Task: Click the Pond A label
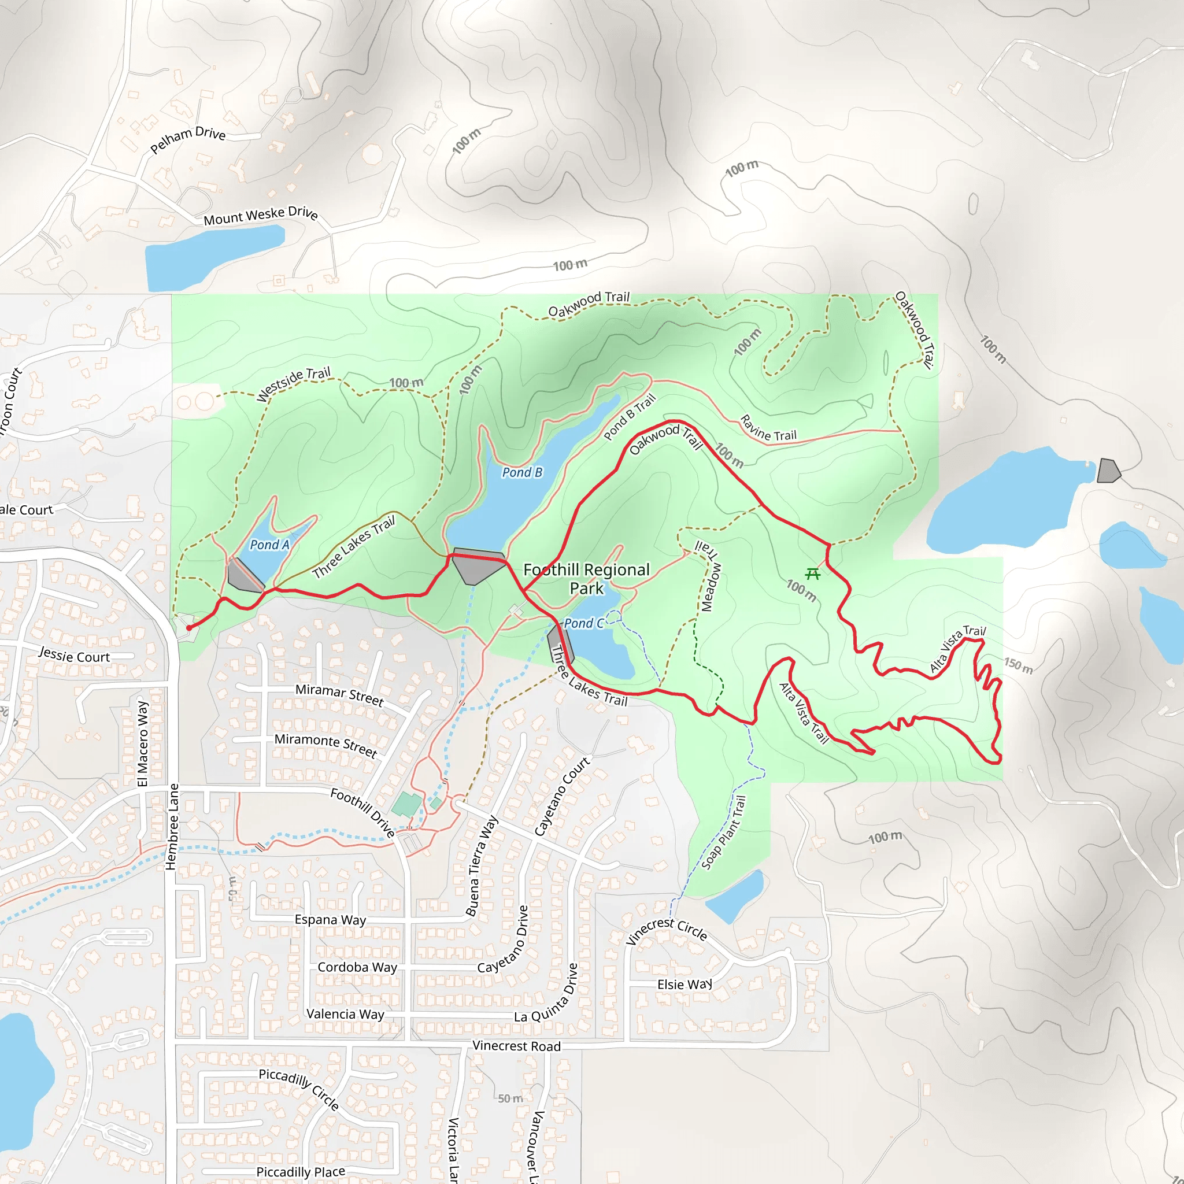coord(269,545)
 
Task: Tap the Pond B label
coord(522,472)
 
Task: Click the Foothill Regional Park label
coord(586,579)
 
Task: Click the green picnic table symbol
coord(813,574)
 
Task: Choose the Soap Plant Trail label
coord(724,832)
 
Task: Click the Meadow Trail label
coord(710,576)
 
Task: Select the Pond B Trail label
coord(630,417)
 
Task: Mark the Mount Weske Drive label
coord(261,215)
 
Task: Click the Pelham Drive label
coord(187,139)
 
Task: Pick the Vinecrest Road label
coord(516,1046)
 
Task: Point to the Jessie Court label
coord(74,656)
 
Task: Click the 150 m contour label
coord(1018,665)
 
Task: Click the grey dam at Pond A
coord(244,576)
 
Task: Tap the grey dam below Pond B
coord(478,565)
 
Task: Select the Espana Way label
coord(330,920)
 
